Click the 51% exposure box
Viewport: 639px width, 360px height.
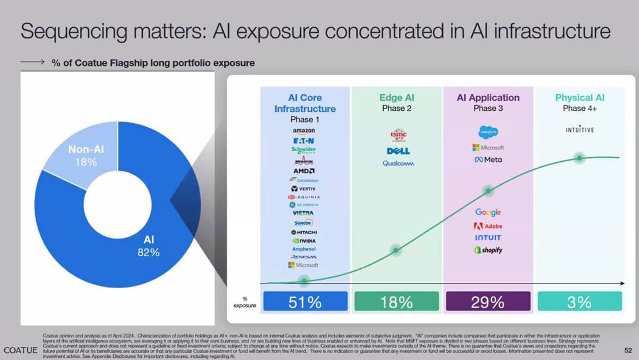click(x=306, y=301)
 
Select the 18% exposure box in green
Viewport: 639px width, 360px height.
click(x=397, y=301)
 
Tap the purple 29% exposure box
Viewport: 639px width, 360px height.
click(x=488, y=301)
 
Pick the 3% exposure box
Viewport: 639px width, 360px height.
click(x=579, y=301)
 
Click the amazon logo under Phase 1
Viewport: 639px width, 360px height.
click(x=304, y=131)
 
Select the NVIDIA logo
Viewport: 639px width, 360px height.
click(x=304, y=241)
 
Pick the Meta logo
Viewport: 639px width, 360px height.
click(x=488, y=159)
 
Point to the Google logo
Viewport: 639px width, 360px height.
click(x=488, y=212)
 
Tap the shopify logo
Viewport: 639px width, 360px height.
click(x=488, y=250)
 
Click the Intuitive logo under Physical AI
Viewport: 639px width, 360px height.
click(x=580, y=129)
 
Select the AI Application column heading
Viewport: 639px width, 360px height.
click(x=488, y=98)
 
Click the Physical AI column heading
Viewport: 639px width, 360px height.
click(x=580, y=98)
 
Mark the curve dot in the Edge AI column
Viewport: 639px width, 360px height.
click(x=396, y=250)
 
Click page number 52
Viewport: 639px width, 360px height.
click(x=628, y=350)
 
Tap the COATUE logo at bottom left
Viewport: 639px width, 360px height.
click(x=20, y=350)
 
